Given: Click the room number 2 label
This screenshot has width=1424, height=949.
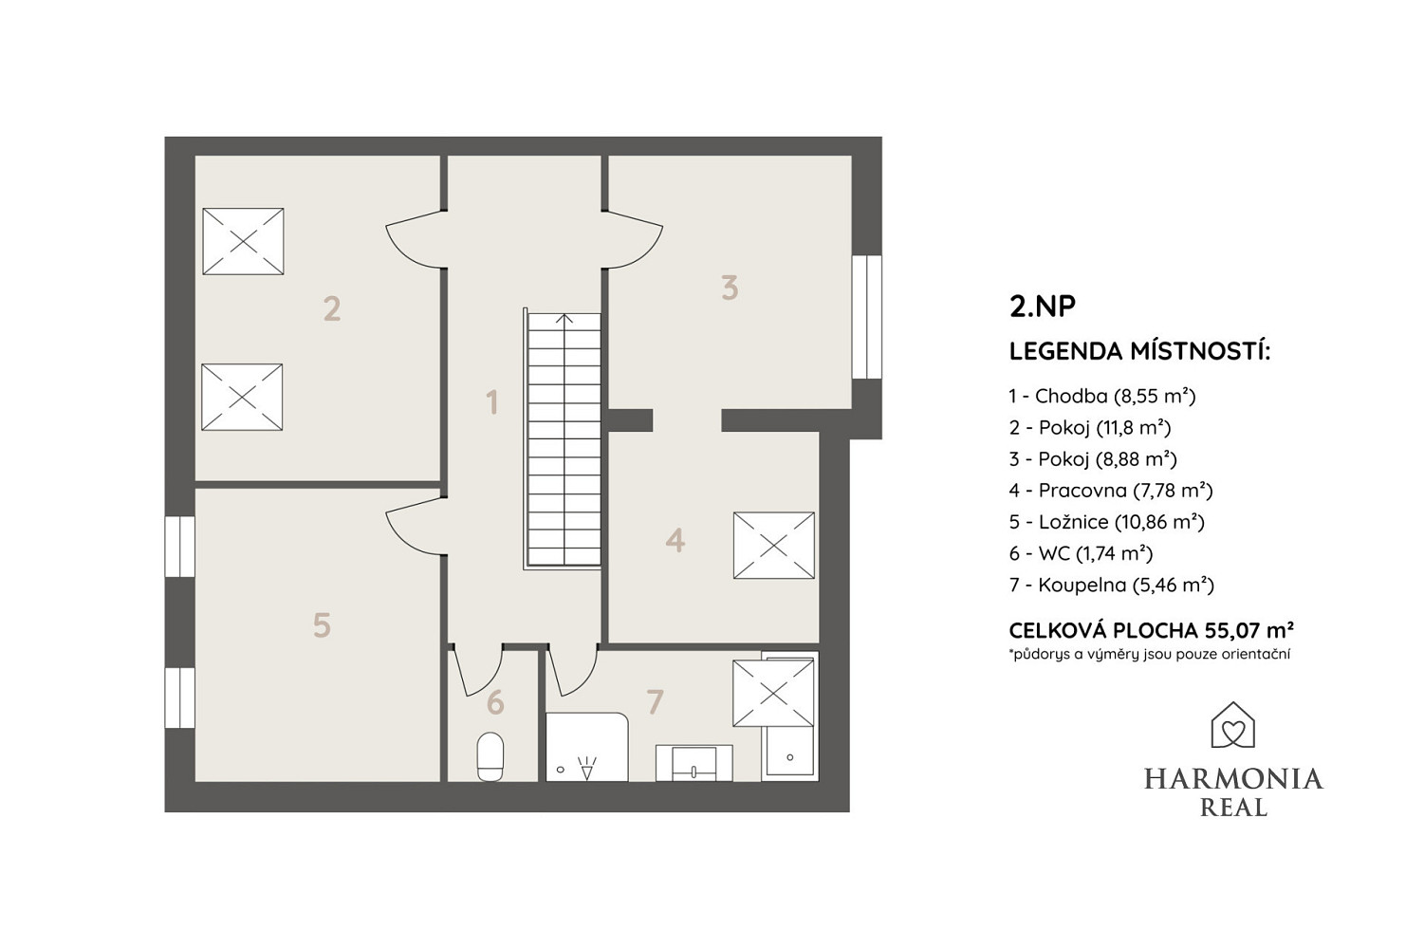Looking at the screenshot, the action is click(332, 309).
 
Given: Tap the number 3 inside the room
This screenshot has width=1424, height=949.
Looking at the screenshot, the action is click(730, 288).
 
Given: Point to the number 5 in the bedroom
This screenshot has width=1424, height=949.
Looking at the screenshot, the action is click(323, 624).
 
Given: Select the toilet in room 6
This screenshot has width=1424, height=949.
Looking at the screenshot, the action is click(490, 756).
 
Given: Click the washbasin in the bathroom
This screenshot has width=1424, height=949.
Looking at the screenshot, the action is click(694, 763).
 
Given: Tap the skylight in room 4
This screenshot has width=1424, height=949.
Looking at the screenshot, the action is click(773, 546).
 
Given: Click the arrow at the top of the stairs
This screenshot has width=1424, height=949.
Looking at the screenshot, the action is click(564, 318).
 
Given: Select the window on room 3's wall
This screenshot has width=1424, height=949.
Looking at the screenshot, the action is click(866, 317).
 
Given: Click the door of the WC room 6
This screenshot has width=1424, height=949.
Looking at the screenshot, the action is click(477, 670).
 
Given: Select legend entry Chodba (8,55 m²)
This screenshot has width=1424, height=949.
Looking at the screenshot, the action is click(1102, 397).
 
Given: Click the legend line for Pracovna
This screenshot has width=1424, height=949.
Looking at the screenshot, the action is click(1111, 491).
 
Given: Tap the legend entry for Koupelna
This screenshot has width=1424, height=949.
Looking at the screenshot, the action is click(1111, 586).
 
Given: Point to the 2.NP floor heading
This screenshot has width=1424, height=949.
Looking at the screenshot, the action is click(1042, 306).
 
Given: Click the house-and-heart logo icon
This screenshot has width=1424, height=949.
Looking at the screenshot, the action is click(1232, 725).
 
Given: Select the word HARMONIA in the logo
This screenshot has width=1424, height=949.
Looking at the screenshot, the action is click(1233, 779).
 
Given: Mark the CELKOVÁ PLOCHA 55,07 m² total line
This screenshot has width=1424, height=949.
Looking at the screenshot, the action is click(1152, 630).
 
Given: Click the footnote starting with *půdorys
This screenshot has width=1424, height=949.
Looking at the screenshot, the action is click(1150, 655).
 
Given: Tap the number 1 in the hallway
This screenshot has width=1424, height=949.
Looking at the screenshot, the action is click(491, 402).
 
